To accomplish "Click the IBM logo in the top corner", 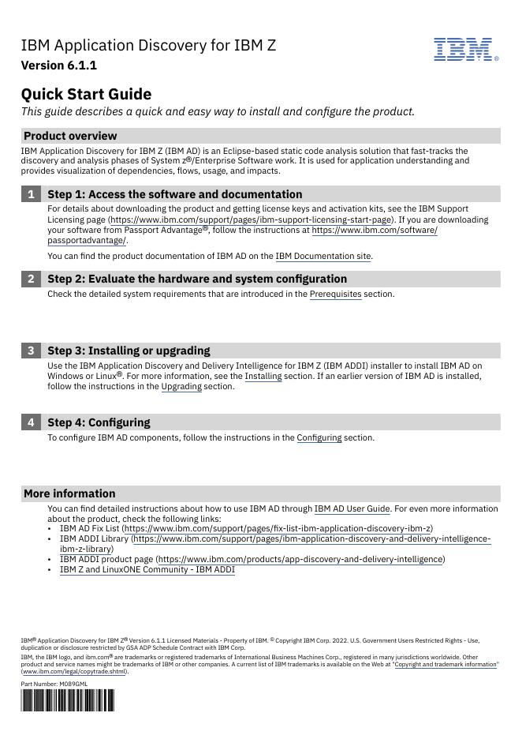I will point(465,49).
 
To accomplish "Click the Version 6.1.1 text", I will point(59,66).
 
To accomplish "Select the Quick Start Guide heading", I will point(86,94).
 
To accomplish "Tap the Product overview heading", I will point(70,136).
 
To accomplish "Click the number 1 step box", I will point(31,194).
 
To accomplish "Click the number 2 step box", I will point(31,279).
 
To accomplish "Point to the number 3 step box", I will point(31,351).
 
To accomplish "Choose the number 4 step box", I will point(31,422).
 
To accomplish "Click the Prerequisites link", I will point(335,294).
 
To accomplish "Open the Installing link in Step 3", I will point(263,377).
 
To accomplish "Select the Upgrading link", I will point(181,387).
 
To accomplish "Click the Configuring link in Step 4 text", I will point(319,437).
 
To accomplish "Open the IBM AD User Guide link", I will point(352,509).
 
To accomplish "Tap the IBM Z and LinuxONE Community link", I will point(147,569).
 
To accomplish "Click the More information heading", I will point(69,493).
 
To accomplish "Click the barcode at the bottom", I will point(67,700).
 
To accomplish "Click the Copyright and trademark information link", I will point(446,665).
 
